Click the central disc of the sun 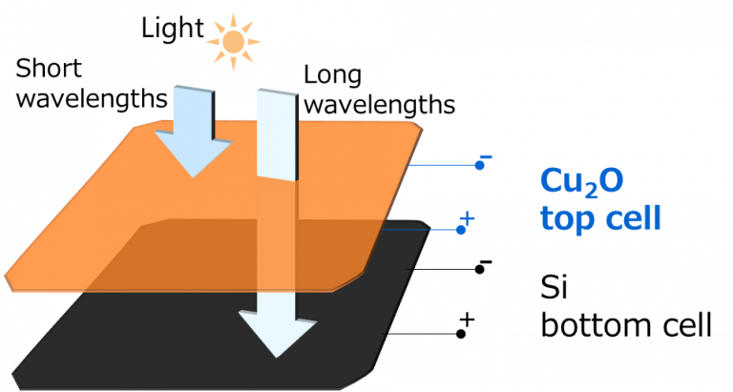[233, 42]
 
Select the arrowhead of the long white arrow [277, 333]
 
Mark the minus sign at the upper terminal [485, 156]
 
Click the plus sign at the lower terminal [468, 220]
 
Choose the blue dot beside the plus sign [461, 230]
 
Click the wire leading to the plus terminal [420, 229]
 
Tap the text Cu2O [582, 181]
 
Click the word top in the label [567, 219]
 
